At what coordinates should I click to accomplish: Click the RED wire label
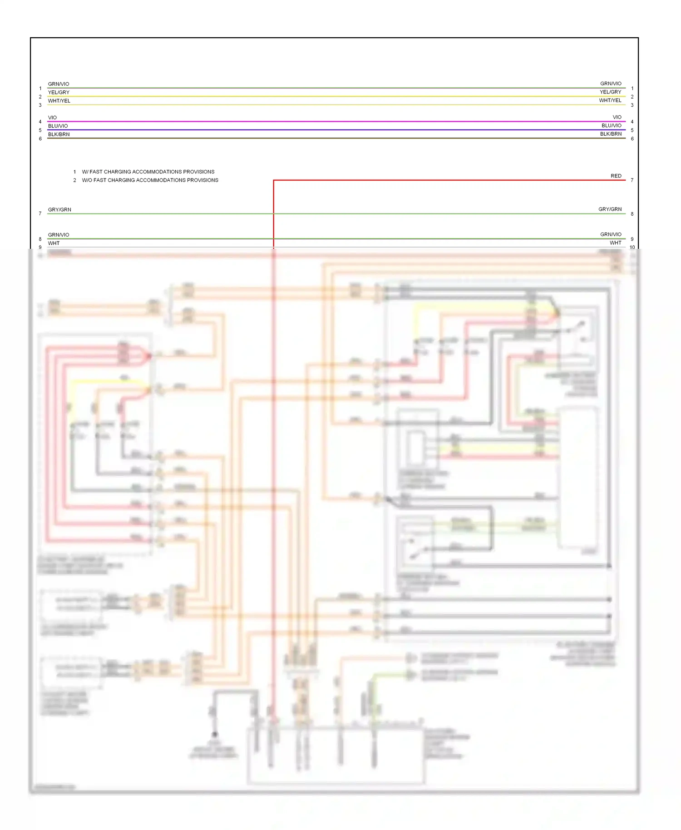(616, 176)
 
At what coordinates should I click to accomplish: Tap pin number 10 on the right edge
(632, 247)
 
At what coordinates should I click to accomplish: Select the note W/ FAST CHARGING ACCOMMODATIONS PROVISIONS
(148, 172)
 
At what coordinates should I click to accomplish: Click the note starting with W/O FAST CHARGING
(150, 180)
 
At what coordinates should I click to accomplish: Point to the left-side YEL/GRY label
(59, 92)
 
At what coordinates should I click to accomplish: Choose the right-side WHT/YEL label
(610, 100)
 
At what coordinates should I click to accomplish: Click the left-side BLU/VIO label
(58, 126)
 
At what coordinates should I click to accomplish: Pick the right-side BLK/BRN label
(611, 134)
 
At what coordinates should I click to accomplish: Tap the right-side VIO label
(617, 117)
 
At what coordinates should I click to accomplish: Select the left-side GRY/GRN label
(59, 209)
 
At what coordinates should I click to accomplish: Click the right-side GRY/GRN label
(610, 209)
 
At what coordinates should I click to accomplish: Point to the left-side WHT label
(54, 243)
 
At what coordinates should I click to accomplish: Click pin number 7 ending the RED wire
(632, 180)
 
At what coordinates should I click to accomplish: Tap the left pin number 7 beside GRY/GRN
(40, 213)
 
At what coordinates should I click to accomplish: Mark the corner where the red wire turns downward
(273, 180)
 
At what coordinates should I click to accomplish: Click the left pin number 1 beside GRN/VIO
(40, 89)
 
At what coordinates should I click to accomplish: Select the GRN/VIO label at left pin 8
(59, 235)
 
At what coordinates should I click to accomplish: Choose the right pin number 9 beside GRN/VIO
(632, 239)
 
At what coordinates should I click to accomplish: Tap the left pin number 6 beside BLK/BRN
(40, 139)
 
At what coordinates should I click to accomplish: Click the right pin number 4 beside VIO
(632, 122)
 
